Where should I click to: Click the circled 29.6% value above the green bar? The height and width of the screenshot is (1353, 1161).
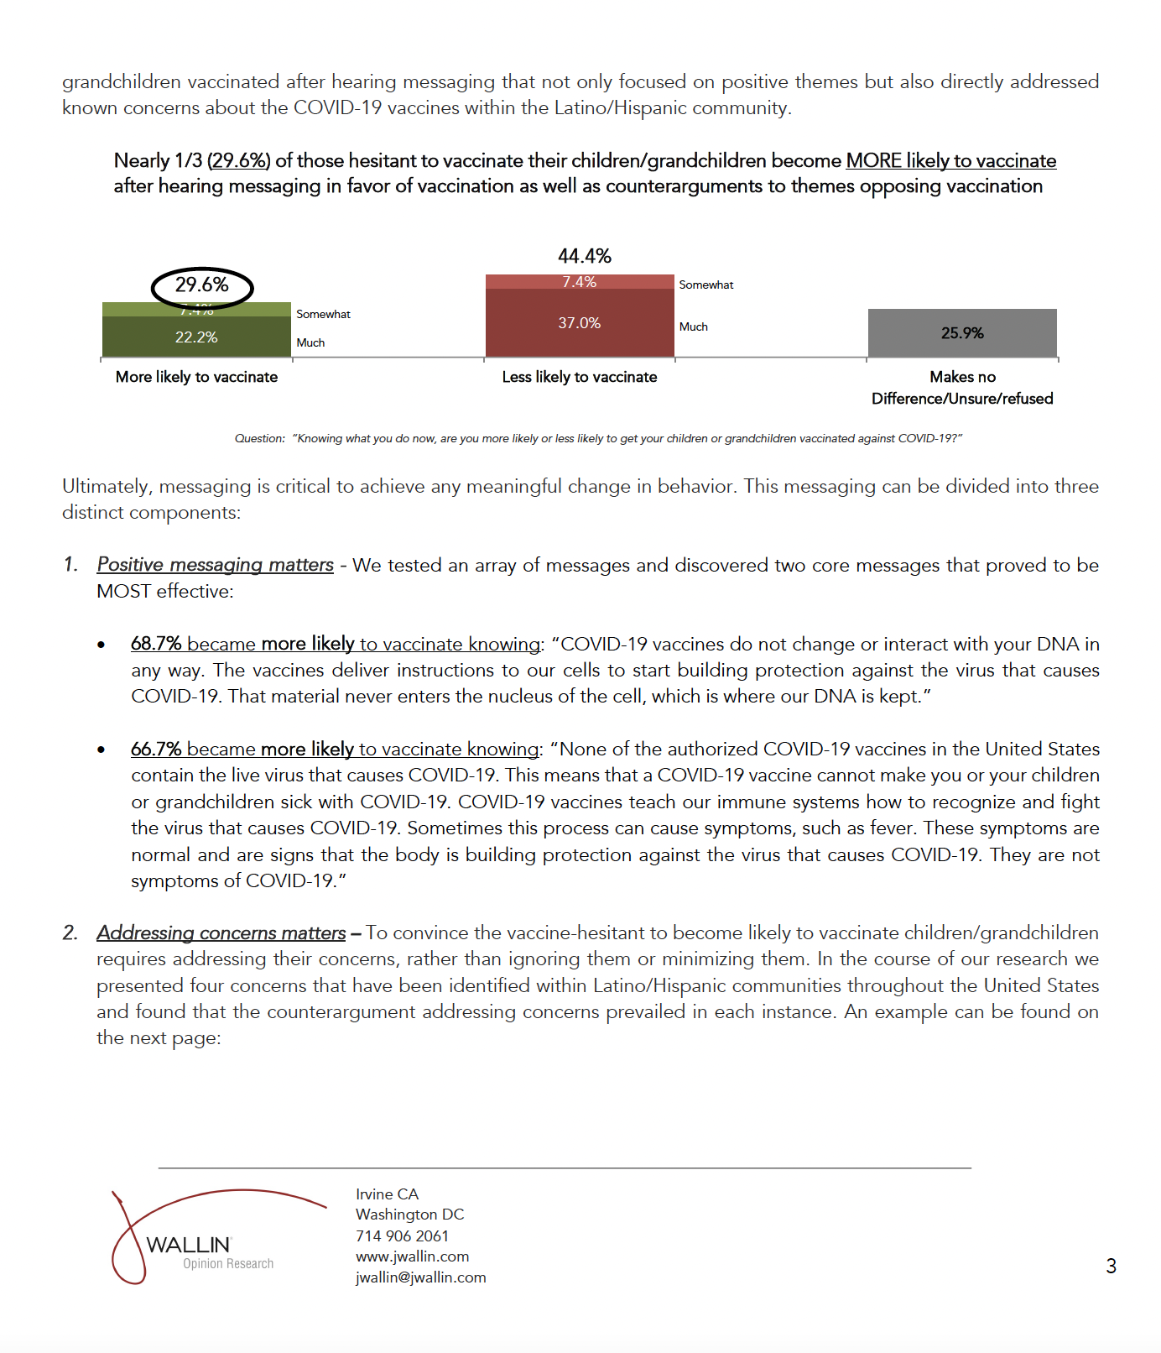[201, 285]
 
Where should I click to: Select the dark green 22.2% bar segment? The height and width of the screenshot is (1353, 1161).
[196, 337]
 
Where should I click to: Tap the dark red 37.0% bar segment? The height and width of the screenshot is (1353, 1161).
[579, 323]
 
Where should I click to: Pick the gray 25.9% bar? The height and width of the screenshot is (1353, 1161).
[962, 333]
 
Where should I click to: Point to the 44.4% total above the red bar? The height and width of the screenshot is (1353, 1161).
[585, 256]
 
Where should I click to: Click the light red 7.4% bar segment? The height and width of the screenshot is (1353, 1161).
[579, 282]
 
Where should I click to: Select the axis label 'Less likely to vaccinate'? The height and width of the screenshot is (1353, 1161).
[579, 377]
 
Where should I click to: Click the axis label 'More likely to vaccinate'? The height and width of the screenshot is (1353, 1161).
[196, 377]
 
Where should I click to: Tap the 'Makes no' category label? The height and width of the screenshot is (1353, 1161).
[962, 377]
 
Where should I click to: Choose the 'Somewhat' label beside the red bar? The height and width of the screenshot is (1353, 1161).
[705, 285]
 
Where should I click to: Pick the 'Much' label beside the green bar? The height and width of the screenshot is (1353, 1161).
[310, 342]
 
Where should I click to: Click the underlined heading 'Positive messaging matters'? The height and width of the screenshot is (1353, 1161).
[215, 565]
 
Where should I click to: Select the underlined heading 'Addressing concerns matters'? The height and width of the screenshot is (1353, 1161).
[221, 932]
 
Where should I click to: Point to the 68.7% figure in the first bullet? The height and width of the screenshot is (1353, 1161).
[156, 644]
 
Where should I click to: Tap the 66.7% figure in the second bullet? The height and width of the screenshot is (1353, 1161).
[156, 749]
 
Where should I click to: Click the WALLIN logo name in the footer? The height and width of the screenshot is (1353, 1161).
[188, 1245]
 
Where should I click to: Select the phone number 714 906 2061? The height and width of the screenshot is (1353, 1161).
[402, 1235]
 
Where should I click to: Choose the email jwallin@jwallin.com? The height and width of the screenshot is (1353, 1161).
[420, 1277]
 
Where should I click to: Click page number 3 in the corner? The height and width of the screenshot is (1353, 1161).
[1111, 1266]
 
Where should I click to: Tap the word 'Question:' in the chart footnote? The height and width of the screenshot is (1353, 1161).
[260, 438]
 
